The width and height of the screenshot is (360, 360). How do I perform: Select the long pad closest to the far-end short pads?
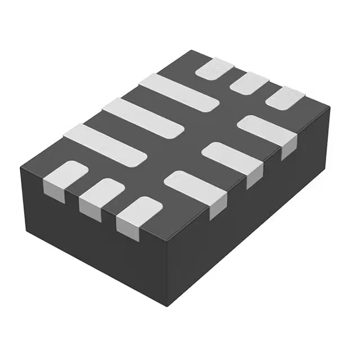point(178,92)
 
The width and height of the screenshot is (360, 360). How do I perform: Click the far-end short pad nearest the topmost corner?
point(214,69)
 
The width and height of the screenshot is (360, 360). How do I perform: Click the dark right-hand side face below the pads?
point(253,225)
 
